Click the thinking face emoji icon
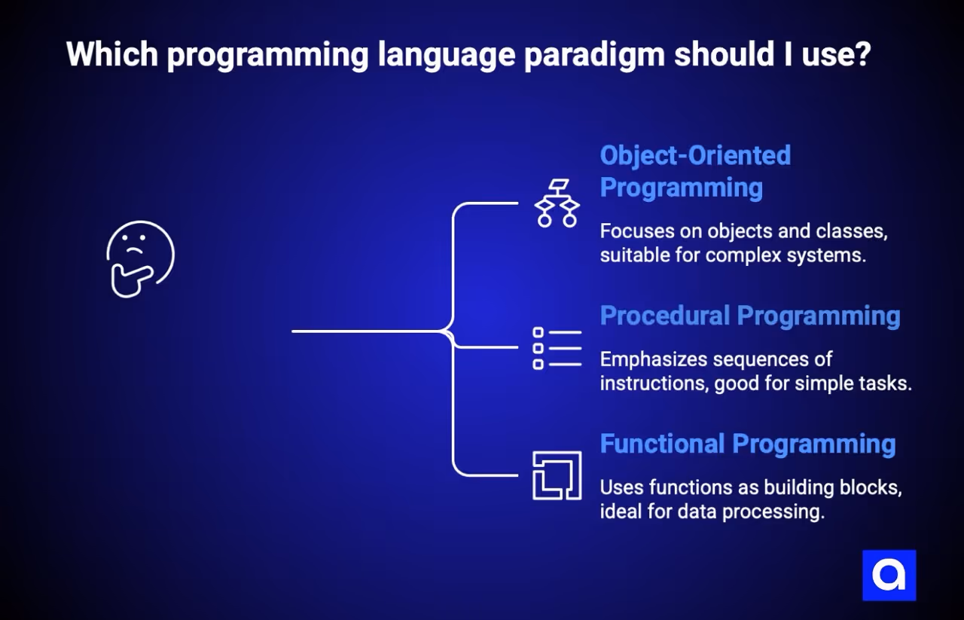(141, 259)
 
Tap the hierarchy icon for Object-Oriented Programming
(557, 203)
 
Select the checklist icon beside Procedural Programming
(557, 348)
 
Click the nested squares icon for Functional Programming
(557, 475)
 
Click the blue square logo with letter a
(889, 576)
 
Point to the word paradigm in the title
(594, 56)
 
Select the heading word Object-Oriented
(695, 155)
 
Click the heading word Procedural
(664, 316)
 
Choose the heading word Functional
(662, 444)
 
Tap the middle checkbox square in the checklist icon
(538, 348)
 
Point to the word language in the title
(447, 56)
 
